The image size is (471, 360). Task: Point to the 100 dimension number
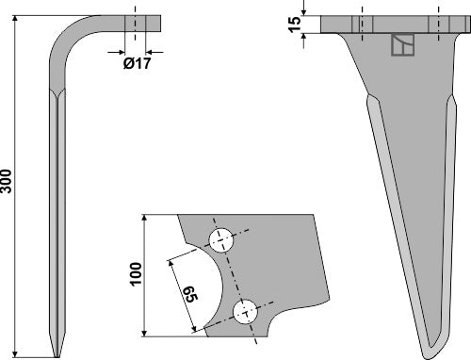[x=136, y=273]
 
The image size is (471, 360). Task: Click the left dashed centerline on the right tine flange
[x=359, y=23]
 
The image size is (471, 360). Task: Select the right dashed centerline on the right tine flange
[x=438, y=23]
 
